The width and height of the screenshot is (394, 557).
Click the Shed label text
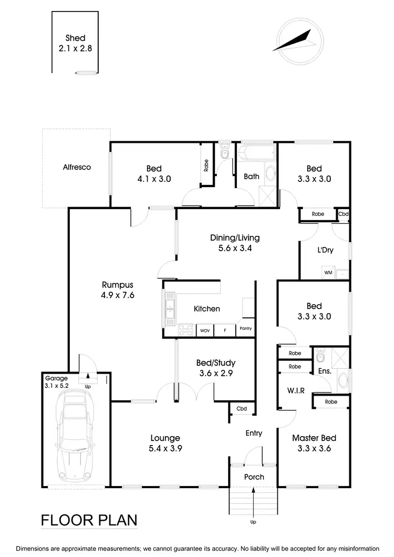point(76,38)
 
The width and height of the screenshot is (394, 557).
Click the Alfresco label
point(77,167)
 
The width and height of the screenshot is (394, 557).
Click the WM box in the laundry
point(328,273)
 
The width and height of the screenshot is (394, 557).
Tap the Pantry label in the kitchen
point(245,328)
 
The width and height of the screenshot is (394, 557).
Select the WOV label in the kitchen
point(205,331)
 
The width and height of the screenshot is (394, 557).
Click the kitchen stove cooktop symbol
point(186,330)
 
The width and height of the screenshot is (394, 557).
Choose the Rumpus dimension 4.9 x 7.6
point(118,295)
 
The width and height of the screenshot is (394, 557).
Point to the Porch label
point(254,477)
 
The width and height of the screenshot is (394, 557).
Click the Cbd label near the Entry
point(242,409)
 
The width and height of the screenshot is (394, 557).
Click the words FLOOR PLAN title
point(89,520)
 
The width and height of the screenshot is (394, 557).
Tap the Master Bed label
point(314,438)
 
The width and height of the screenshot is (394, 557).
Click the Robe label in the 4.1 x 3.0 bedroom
point(206,166)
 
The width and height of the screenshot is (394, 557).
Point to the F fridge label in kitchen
point(225,331)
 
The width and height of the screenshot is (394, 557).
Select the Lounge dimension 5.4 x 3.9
point(165,448)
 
